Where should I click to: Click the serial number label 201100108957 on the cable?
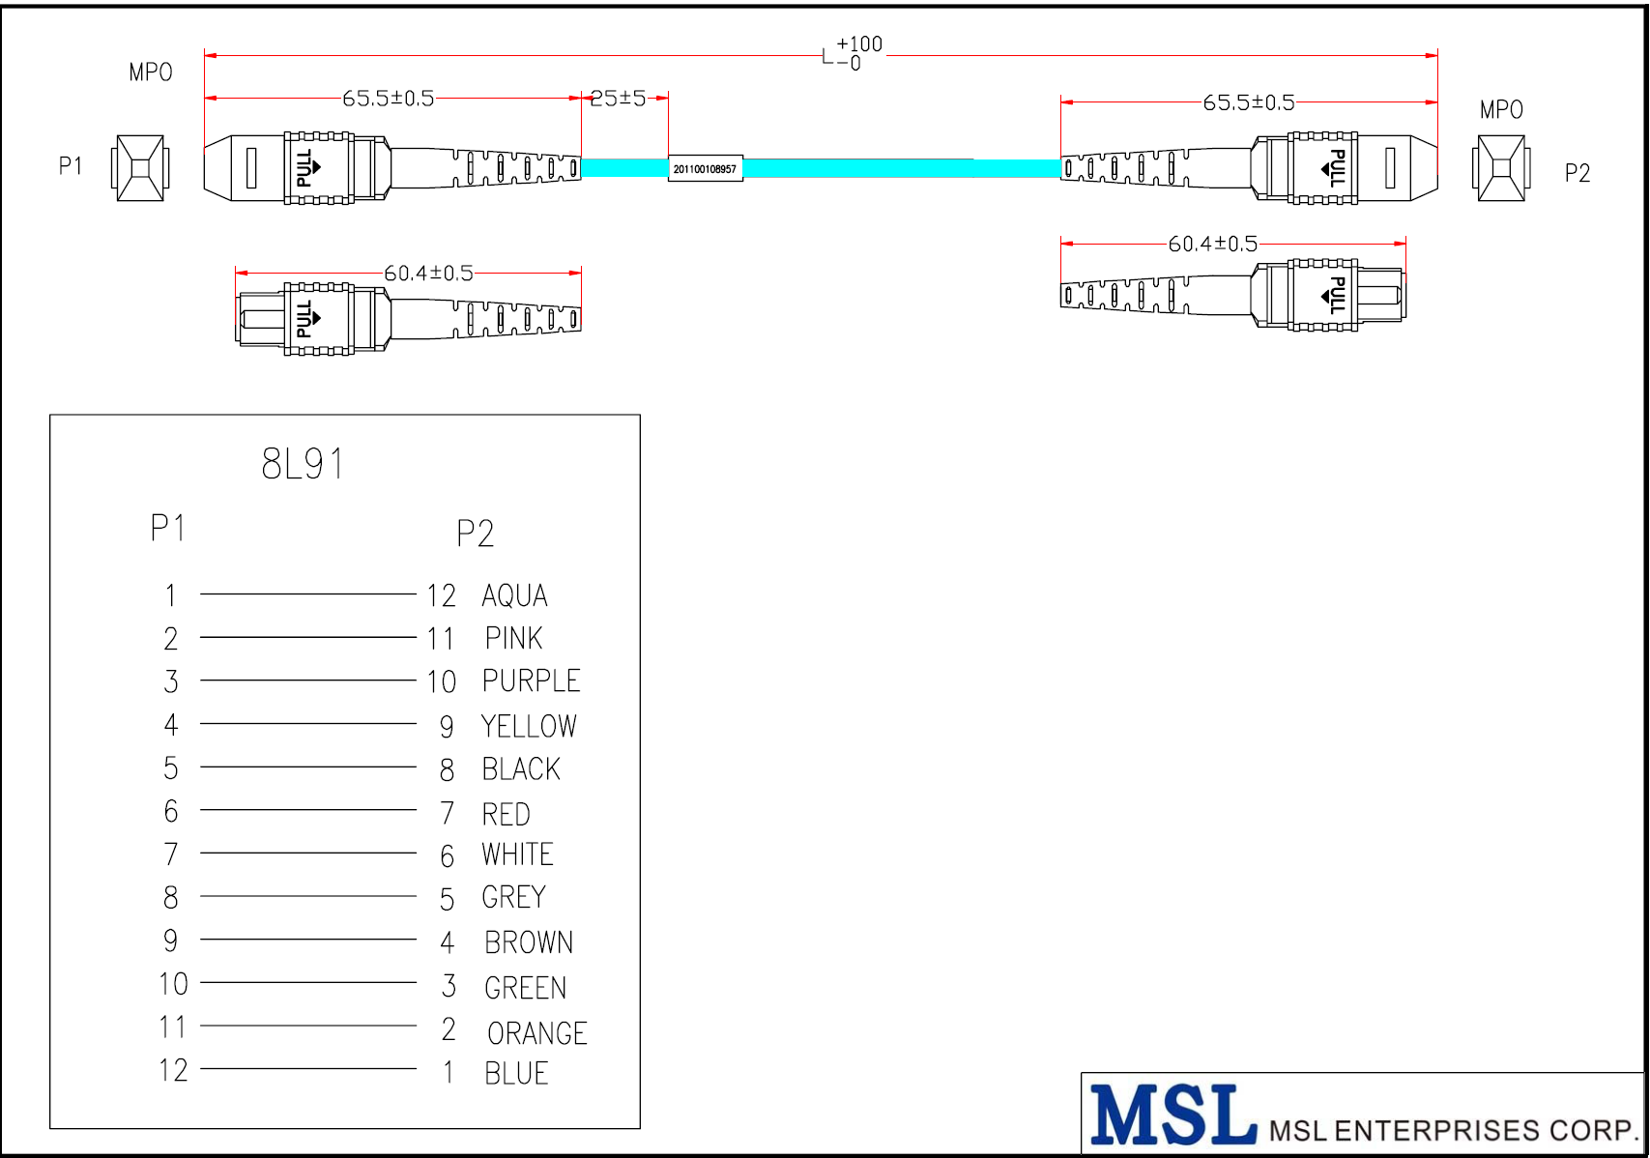point(705,169)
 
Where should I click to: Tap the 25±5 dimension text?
point(618,98)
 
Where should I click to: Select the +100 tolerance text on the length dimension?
point(859,44)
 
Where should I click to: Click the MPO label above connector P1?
point(151,72)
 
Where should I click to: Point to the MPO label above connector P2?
point(1501,110)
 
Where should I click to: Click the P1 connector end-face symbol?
point(140,168)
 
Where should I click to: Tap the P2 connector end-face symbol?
point(1501,168)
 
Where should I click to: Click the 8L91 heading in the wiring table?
point(303,464)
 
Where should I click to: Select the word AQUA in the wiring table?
point(514,595)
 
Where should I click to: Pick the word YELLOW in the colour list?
point(529,726)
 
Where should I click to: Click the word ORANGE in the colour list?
point(537,1033)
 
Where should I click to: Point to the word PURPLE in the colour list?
point(531,681)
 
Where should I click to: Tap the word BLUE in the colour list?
point(516,1074)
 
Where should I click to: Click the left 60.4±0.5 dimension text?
point(428,274)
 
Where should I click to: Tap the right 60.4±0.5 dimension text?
point(1213,244)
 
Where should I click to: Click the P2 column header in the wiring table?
point(475,534)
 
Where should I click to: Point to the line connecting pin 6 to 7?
point(308,810)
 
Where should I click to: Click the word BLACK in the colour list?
point(521,769)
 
